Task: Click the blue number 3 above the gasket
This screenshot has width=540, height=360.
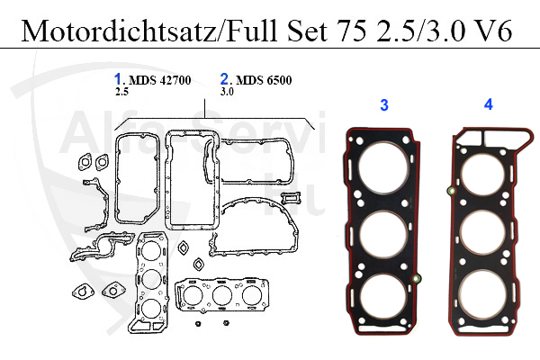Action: (384, 105)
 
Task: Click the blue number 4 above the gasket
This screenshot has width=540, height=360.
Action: (489, 104)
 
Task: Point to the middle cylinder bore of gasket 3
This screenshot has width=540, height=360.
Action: (382, 237)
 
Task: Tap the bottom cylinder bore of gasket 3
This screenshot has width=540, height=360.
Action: (382, 301)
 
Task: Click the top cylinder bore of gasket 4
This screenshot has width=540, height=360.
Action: (485, 171)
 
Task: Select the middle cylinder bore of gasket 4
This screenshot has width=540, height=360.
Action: (485, 236)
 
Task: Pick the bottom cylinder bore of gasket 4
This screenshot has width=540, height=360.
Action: (485, 300)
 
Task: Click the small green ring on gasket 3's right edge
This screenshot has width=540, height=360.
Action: (415, 280)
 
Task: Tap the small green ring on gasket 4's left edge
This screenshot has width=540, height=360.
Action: (449, 190)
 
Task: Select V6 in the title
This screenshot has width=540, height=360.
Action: (494, 31)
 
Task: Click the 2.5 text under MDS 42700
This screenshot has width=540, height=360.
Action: (121, 92)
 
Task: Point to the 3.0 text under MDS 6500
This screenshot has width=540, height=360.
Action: (227, 92)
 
